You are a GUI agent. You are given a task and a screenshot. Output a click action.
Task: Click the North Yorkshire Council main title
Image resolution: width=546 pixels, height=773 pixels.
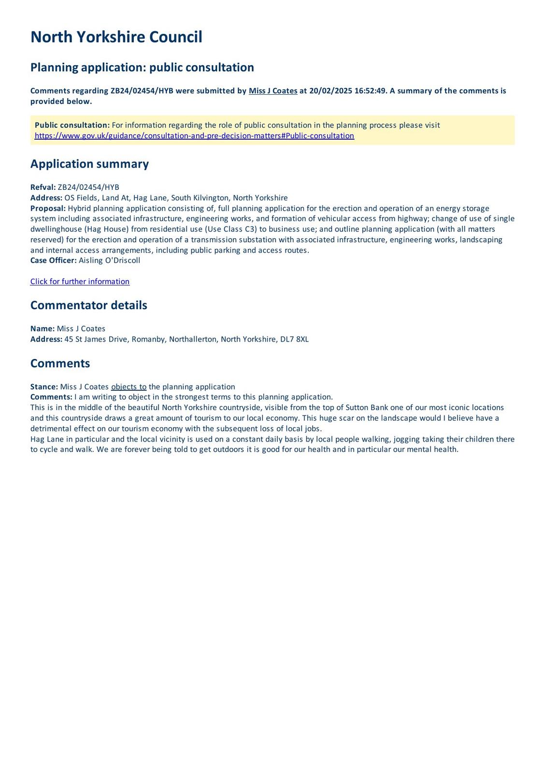point(116,37)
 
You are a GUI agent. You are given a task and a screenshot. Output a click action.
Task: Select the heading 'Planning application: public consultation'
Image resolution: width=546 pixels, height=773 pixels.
point(142,67)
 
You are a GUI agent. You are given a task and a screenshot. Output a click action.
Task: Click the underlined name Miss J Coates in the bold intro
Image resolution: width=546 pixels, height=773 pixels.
point(273,91)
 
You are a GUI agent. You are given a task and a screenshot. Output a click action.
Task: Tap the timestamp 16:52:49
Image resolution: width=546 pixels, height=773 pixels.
point(370,91)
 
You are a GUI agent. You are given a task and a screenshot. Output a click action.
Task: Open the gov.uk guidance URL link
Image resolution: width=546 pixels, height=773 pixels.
point(194,136)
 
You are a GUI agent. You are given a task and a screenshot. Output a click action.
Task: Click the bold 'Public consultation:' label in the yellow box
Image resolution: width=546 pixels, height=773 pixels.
point(72,125)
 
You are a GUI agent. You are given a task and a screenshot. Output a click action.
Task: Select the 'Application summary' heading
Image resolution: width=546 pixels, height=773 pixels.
point(89,164)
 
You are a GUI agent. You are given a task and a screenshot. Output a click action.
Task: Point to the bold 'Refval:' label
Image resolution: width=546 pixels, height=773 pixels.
point(43,187)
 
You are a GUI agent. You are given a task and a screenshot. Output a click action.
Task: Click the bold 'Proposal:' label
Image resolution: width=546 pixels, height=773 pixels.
point(48,208)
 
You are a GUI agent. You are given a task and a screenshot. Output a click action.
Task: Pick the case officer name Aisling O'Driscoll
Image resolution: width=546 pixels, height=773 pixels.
point(109,260)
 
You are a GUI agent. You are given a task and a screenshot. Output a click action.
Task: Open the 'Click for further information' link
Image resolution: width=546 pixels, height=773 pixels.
point(80,282)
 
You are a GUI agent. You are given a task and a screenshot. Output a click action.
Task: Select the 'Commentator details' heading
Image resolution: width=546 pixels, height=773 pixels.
point(88,305)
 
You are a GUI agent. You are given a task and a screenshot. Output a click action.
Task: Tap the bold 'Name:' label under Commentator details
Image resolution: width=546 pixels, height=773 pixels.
point(43,329)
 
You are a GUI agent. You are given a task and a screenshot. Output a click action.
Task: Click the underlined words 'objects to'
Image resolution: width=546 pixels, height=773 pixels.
point(129,386)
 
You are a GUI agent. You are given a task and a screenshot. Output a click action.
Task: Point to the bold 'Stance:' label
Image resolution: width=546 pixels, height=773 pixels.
point(44,386)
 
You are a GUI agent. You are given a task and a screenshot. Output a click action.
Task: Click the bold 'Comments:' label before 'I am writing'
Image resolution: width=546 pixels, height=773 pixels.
point(51,397)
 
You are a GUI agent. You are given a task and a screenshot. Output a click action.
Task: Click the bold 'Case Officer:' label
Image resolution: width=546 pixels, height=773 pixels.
point(53,260)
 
